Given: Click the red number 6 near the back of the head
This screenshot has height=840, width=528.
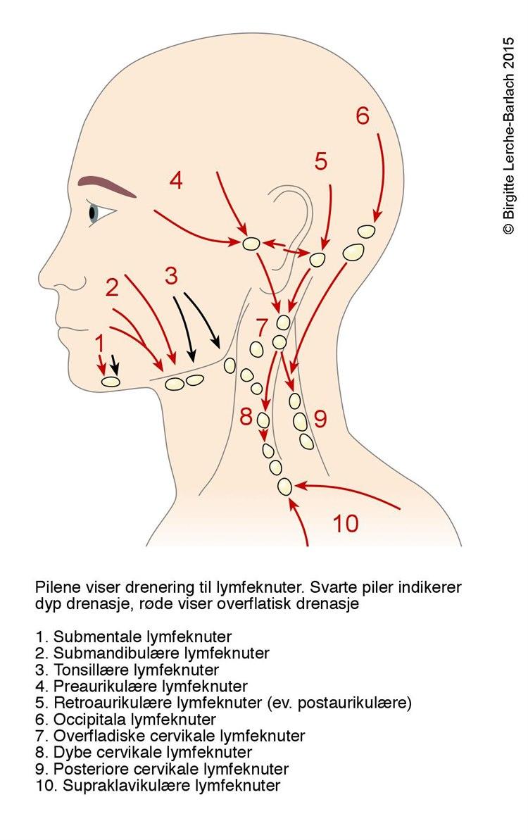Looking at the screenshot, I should pos(362,115).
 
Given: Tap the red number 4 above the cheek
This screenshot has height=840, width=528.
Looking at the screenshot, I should pos(175,181).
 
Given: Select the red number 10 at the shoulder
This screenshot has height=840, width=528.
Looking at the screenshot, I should pos(345,524).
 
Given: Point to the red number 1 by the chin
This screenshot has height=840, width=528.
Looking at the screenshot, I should pos(100,343).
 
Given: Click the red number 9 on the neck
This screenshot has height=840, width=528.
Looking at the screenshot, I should pos(320,420).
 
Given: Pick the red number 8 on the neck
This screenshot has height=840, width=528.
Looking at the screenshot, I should pos(245,416).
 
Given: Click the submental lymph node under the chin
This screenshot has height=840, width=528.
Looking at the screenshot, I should pos(111,382).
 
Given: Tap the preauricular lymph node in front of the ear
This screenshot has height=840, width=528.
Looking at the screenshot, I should pos(251,244).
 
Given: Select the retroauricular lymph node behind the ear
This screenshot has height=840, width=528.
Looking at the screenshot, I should pos(318,259).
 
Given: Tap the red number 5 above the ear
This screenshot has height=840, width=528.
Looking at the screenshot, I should pos(321,162).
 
